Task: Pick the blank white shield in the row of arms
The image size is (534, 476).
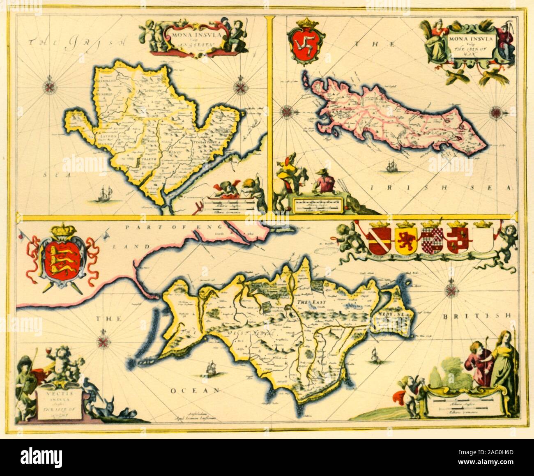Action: point(483,247)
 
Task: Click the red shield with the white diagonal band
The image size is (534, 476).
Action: point(380,247)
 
